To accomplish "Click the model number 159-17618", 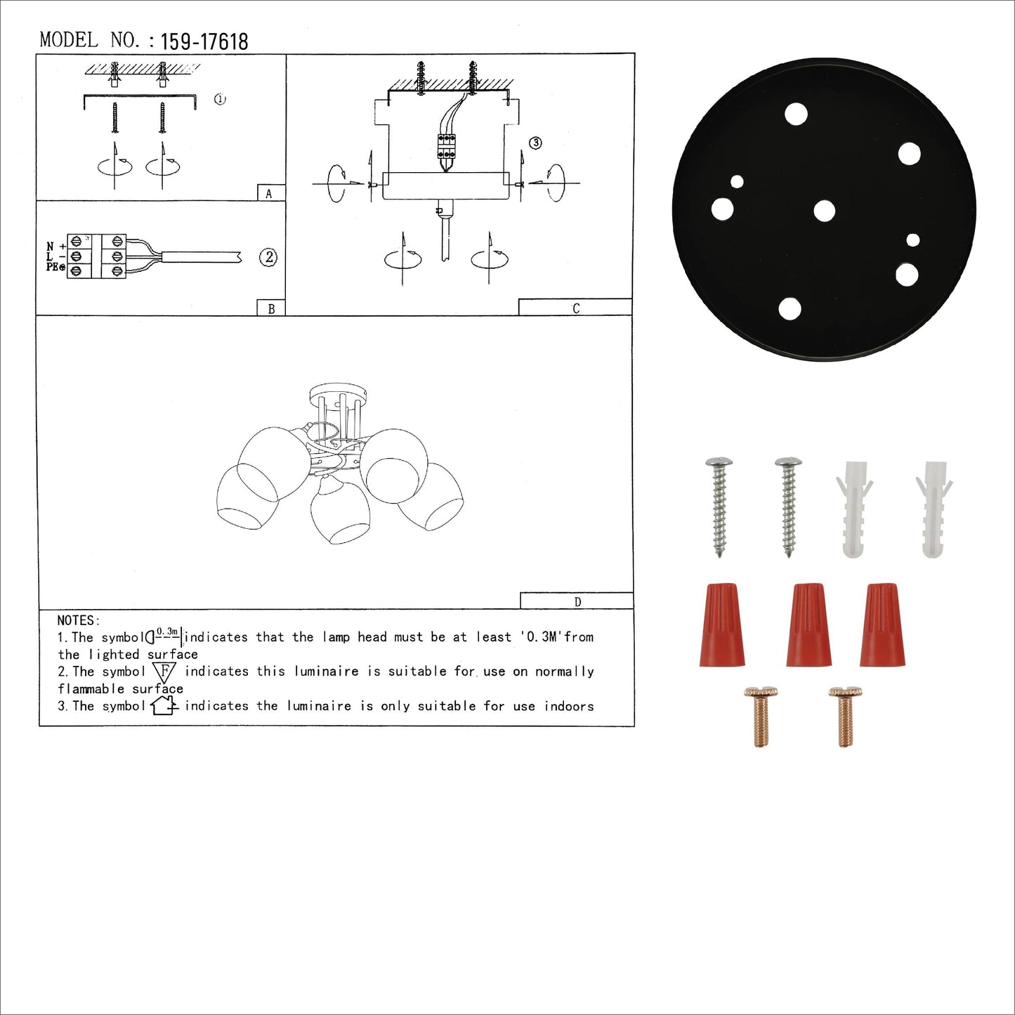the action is click(204, 41).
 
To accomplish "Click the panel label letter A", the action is click(268, 194).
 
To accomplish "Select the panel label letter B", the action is click(271, 308).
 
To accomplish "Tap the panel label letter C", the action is click(576, 308).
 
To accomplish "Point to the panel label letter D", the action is click(578, 601).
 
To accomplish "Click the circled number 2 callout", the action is click(268, 257).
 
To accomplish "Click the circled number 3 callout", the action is click(536, 143).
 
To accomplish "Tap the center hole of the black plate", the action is click(825, 211).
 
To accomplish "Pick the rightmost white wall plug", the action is click(934, 509).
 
